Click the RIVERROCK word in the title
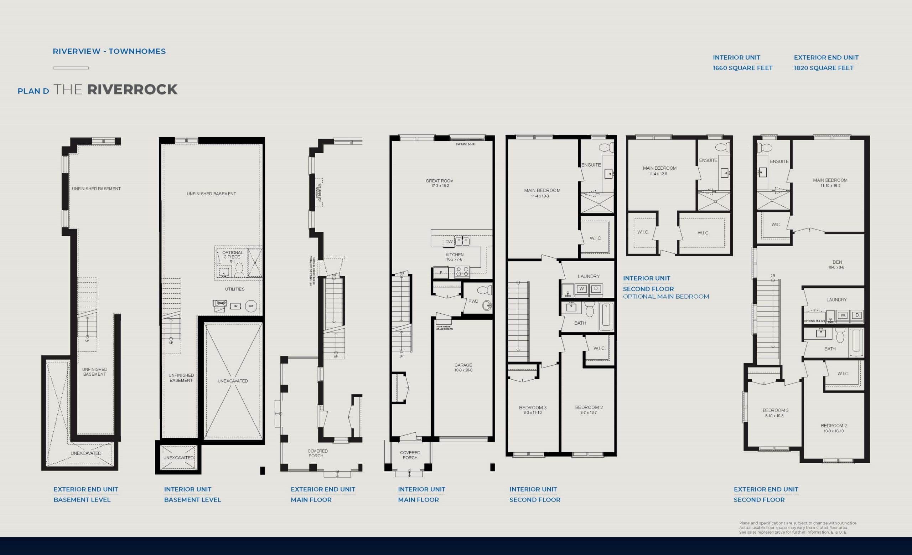pyautogui.click(x=132, y=89)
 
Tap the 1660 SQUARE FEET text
pyautogui.click(x=742, y=68)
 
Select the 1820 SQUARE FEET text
pyautogui.click(x=824, y=68)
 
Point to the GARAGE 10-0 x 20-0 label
pyautogui.click(x=463, y=367)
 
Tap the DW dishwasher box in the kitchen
pyautogui.click(x=449, y=241)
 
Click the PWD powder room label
pyautogui.click(x=473, y=301)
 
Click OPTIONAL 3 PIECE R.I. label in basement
pyautogui.click(x=232, y=257)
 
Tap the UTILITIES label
pyautogui.click(x=235, y=289)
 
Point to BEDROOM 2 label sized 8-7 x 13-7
pyautogui.click(x=589, y=410)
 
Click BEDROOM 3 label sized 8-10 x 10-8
pyautogui.click(x=775, y=412)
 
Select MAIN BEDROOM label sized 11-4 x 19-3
pyautogui.click(x=542, y=193)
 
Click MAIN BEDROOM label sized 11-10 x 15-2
pyautogui.click(x=830, y=183)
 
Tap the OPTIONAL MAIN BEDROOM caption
pyautogui.click(x=665, y=297)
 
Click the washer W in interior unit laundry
pyautogui.click(x=581, y=289)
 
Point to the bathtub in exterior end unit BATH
pyautogui.click(x=856, y=341)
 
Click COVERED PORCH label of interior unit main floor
pyautogui.click(x=410, y=455)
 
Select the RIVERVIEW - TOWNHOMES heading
pyautogui.click(x=109, y=51)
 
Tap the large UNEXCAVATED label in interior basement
pyautogui.click(x=232, y=381)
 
